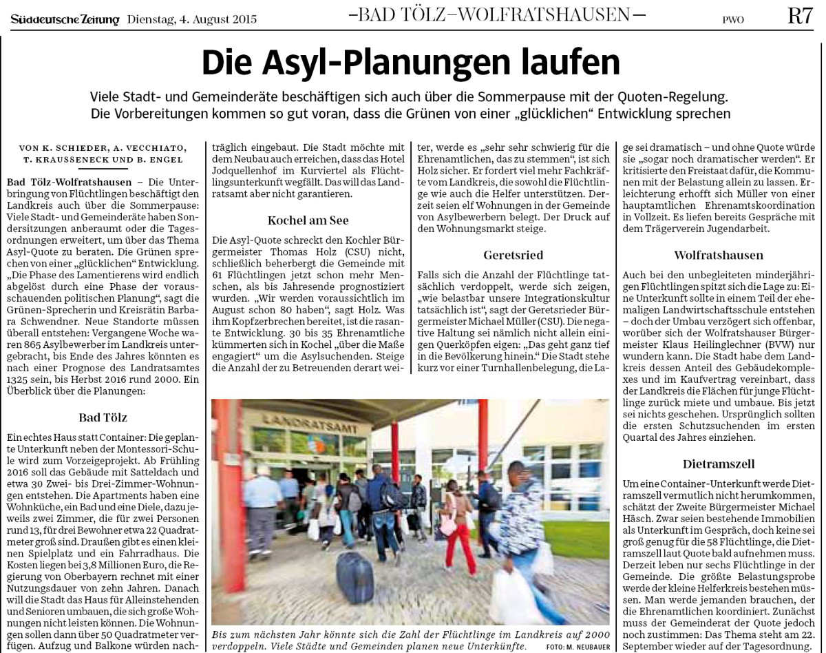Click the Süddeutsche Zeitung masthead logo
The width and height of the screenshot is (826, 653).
(65, 19)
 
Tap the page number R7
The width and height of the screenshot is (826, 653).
(801, 17)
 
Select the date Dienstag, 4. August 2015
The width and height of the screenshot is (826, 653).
(192, 19)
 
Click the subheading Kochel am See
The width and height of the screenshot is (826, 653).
(308, 220)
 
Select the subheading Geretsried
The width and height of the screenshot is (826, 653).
(513, 255)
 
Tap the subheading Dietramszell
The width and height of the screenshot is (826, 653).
(719, 464)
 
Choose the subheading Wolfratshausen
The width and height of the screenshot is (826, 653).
(719, 255)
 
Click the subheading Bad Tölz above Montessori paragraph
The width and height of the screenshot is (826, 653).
(103, 417)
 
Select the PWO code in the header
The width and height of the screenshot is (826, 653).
(733, 19)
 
